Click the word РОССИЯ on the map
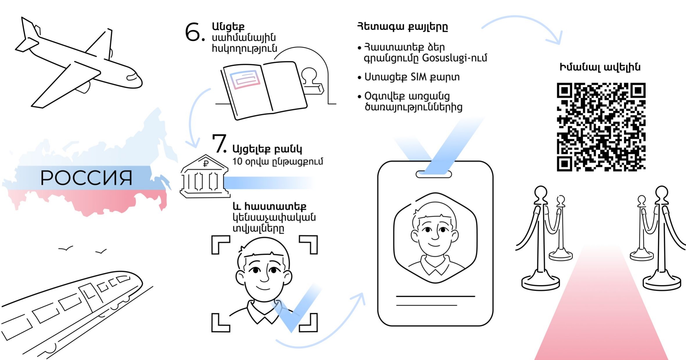pyautogui.click(x=86, y=178)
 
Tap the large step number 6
pyautogui.click(x=193, y=32)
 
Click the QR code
pyautogui.click(x=601, y=127)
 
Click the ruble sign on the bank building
pyautogui.click(x=206, y=164)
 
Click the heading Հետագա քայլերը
pyautogui.click(x=402, y=27)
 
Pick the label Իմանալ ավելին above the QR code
pyautogui.click(x=600, y=67)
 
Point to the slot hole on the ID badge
pyautogui.click(x=434, y=174)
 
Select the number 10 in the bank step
pyautogui.click(x=237, y=162)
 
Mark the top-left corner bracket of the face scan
pyautogui.click(x=220, y=244)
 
